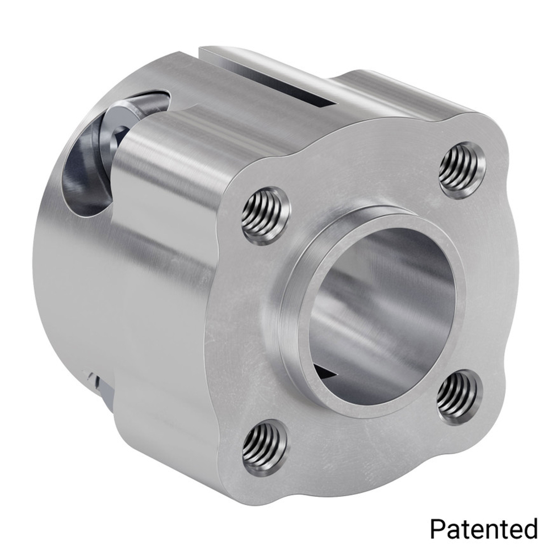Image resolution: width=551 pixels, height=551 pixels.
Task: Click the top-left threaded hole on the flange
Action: (265, 215)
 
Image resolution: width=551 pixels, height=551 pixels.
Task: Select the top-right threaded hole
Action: (463, 169)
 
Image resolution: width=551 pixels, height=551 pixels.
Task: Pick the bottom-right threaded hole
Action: (459, 396)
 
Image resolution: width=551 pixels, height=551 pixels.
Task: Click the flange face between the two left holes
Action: (242, 331)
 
